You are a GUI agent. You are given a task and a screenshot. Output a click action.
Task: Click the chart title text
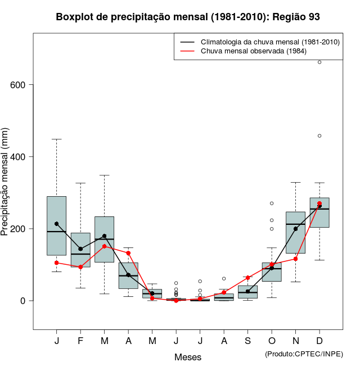pos(188,17)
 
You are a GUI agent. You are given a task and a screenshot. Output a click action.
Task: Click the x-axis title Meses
pos(187,357)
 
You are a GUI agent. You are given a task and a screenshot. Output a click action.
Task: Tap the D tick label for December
pos(319,341)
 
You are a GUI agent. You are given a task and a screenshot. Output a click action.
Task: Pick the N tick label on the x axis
pos(295,341)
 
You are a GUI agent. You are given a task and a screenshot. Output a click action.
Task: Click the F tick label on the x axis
pos(80,341)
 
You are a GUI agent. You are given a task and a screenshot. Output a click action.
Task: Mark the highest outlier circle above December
pos(319,62)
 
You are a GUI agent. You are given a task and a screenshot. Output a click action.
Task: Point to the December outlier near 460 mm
pos(319,135)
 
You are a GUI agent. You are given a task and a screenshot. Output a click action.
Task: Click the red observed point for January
pos(56,263)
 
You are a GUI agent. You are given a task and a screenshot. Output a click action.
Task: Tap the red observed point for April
pos(128,253)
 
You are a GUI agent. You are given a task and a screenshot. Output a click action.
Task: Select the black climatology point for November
pos(295,229)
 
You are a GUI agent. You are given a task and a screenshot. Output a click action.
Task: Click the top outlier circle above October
pos(272,203)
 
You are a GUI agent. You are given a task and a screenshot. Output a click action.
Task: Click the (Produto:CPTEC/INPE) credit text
pos(304,354)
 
